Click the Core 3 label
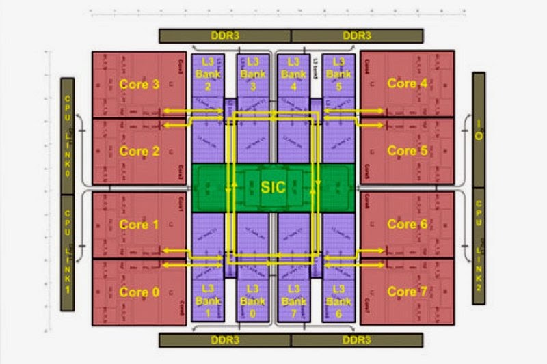(139, 85)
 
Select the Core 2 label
(139, 151)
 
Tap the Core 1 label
(139, 225)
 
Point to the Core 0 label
(139, 292)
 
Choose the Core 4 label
(407, 83)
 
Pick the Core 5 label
(407, 151)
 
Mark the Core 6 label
(407, 224)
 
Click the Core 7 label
(407, 292)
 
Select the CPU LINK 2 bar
(479, 246)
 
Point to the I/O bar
(479, 130)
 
